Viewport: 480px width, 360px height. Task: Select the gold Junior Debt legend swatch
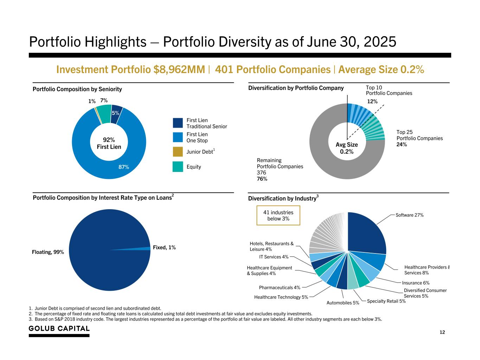pyautogui.click(x=178, y=152)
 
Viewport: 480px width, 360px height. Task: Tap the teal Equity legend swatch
pyautogui.click(x=178, y=167)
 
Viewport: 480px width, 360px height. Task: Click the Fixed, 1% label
pyautogui.click(x=164, y=247)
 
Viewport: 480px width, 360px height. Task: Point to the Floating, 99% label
pyautogui.click(x=48, y=252)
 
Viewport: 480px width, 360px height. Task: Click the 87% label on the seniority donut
pyautogui.click(x=123, y=167)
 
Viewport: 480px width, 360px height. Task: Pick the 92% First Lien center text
pyautogui.click(x=109, y=143)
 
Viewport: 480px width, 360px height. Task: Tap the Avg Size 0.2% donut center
pyautogui.click(x=347, y=148)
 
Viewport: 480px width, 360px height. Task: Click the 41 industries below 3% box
pyautogui.click(x=278, y=216)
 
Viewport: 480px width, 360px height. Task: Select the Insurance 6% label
pyautogui.click(x=416, y=283)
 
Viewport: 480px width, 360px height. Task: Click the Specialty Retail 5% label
pyautogui.click(x=386, y=301)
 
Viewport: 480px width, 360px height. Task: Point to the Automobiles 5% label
pyautogui.click(x=343, y=303)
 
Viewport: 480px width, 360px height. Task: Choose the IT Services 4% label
pyautogui.click(x=274, y=257)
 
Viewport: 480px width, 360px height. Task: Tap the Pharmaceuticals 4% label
pyautogui.click(x=280, y=288)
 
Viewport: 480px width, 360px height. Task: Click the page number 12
pyautogui.click(x=442, y=332)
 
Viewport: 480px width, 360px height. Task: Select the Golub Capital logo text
pyautogui.click(x=59, y=329)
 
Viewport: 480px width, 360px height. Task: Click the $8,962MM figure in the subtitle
pyautogui.click(x=179, y=70)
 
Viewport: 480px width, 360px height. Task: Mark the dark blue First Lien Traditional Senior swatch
pyautogui.click(x=178, y=123)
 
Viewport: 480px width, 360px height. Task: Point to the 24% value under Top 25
pyautogui.click(x=402, y=144)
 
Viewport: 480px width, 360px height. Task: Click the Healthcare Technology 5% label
pyautogui.click(x=281, y=297)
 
